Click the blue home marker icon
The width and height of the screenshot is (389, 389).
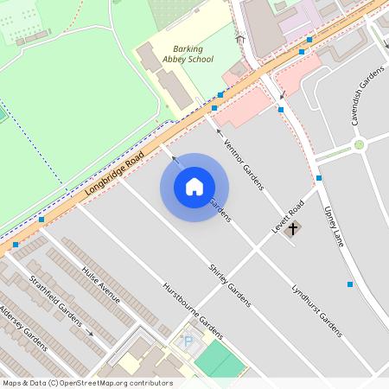click(194, 187)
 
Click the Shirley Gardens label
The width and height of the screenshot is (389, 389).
click(229, 284)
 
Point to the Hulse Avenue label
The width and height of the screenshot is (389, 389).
click(101, 284)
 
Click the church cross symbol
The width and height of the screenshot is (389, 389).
click(293, 229)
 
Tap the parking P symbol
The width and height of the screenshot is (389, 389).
click(188, 342)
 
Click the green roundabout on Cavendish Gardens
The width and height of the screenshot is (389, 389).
click(359, 144)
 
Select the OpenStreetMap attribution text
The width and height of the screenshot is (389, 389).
click(87, 383)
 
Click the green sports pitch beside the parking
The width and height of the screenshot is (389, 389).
click(220, 360)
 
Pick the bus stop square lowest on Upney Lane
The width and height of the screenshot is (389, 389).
click(350, 284)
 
